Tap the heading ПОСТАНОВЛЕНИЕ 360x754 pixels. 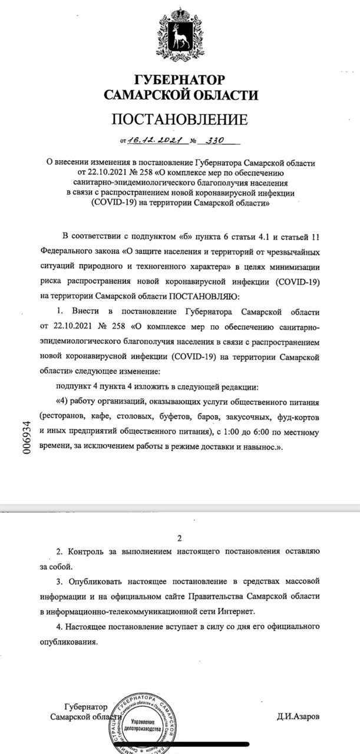tap(180, 120)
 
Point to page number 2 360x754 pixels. tap(180, 538)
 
